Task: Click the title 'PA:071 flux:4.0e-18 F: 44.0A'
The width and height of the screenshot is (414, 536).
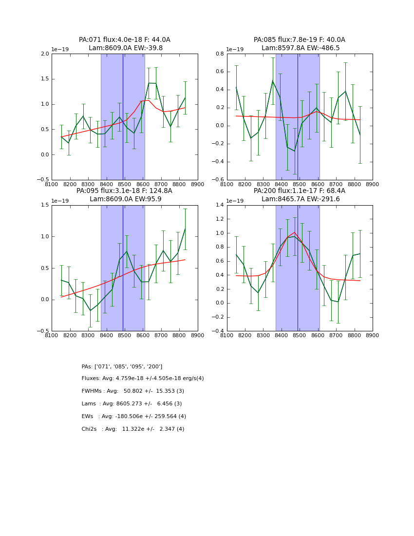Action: click(x=125, y=40)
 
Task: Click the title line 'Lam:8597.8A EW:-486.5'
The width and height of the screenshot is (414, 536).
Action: click(x=301, y=48)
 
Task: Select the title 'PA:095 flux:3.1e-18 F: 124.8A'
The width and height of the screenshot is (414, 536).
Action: click(x=124, y=191)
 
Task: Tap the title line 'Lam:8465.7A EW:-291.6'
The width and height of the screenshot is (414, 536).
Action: click(x=301, y=199)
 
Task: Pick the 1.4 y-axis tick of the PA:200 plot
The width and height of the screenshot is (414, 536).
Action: click(x=219, y=205)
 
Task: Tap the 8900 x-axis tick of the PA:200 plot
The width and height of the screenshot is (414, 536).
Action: click(x=372, y=335)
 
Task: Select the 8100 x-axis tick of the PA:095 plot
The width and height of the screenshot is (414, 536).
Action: click(x=52, y=335)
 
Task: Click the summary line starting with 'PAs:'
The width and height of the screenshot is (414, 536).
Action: click(x=122, y=366)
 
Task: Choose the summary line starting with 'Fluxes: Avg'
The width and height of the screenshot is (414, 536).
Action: click(x=143, y=379)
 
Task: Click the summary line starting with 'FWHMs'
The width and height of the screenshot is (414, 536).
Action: click(x=133, y=391)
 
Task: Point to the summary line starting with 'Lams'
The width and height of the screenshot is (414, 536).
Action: click(x=132, y=404)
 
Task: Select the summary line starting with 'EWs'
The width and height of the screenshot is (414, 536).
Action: click(x=134, y=417)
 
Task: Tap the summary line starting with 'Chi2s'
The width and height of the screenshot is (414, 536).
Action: click(x=133, y=429)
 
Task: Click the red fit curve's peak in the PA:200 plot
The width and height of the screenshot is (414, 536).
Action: click(x=294, y=232)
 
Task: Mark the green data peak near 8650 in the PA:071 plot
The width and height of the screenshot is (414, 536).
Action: click(x=149, y=83)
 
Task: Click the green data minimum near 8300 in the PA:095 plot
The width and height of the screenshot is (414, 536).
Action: click(x=90, y=310)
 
